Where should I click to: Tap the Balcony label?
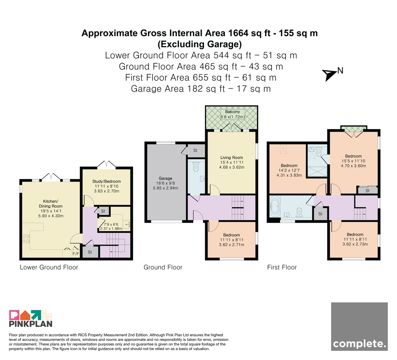pos(233,112)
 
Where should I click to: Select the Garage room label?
pos(165,178)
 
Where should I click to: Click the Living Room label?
pos(232,157)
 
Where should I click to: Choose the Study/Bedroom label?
pos(107,181)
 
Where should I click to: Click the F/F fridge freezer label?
pos(76,254)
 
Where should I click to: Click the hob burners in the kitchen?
pos(26,239)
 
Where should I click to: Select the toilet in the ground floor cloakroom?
pos(196,167)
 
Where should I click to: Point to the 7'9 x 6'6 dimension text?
pos(111,224)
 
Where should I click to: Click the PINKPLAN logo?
pos(31,318)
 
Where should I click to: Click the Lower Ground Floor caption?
pos(49,267)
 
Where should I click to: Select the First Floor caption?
pos(282,267)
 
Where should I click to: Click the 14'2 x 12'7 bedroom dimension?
pos(289,170)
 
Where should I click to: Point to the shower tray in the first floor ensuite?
pos(317,171)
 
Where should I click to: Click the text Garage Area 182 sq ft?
pos(178,89)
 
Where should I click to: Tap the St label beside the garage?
pos(195,151)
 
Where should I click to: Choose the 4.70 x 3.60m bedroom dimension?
pos(353,166)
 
